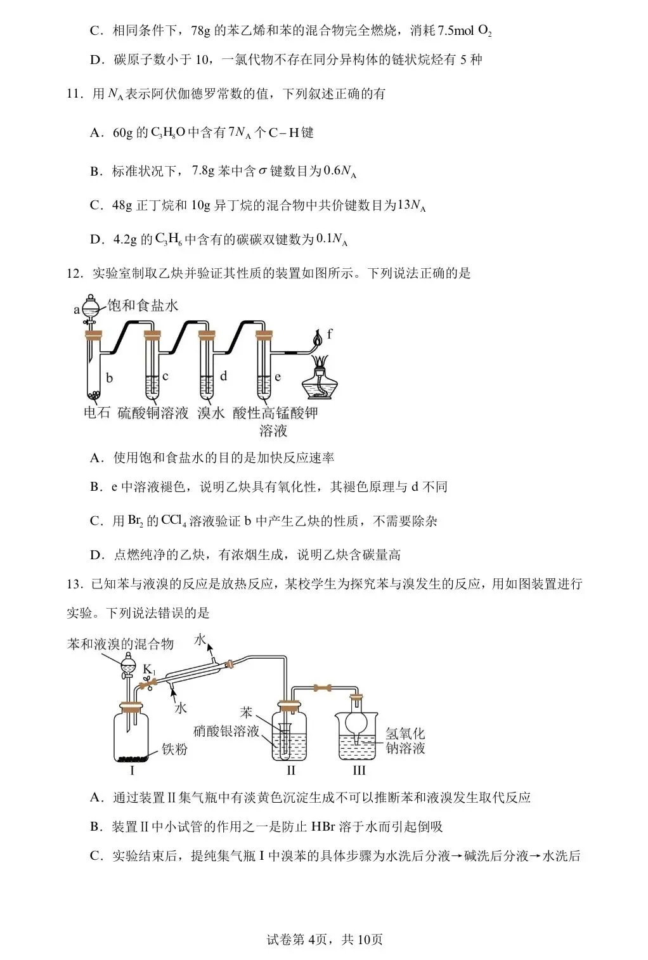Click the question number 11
click(x=74, y=94)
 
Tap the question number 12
click(x=74, y=273)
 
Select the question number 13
click(x=74, y=584)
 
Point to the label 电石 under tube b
click(x=97, y=413)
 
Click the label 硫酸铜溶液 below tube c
click(x=153, y=413)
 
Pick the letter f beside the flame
click(x=330, y=334)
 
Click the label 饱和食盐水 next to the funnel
click(x=143, y=306)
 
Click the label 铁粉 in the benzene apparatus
click(x=174, y=749)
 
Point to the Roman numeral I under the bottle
click(x=132, y=771)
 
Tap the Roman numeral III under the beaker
click(x=359, y=771)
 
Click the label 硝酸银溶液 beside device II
click(x=226, y=731)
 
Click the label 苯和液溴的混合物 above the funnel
click(x=120, y=644)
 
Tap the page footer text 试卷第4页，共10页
click(x=325, y=939)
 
